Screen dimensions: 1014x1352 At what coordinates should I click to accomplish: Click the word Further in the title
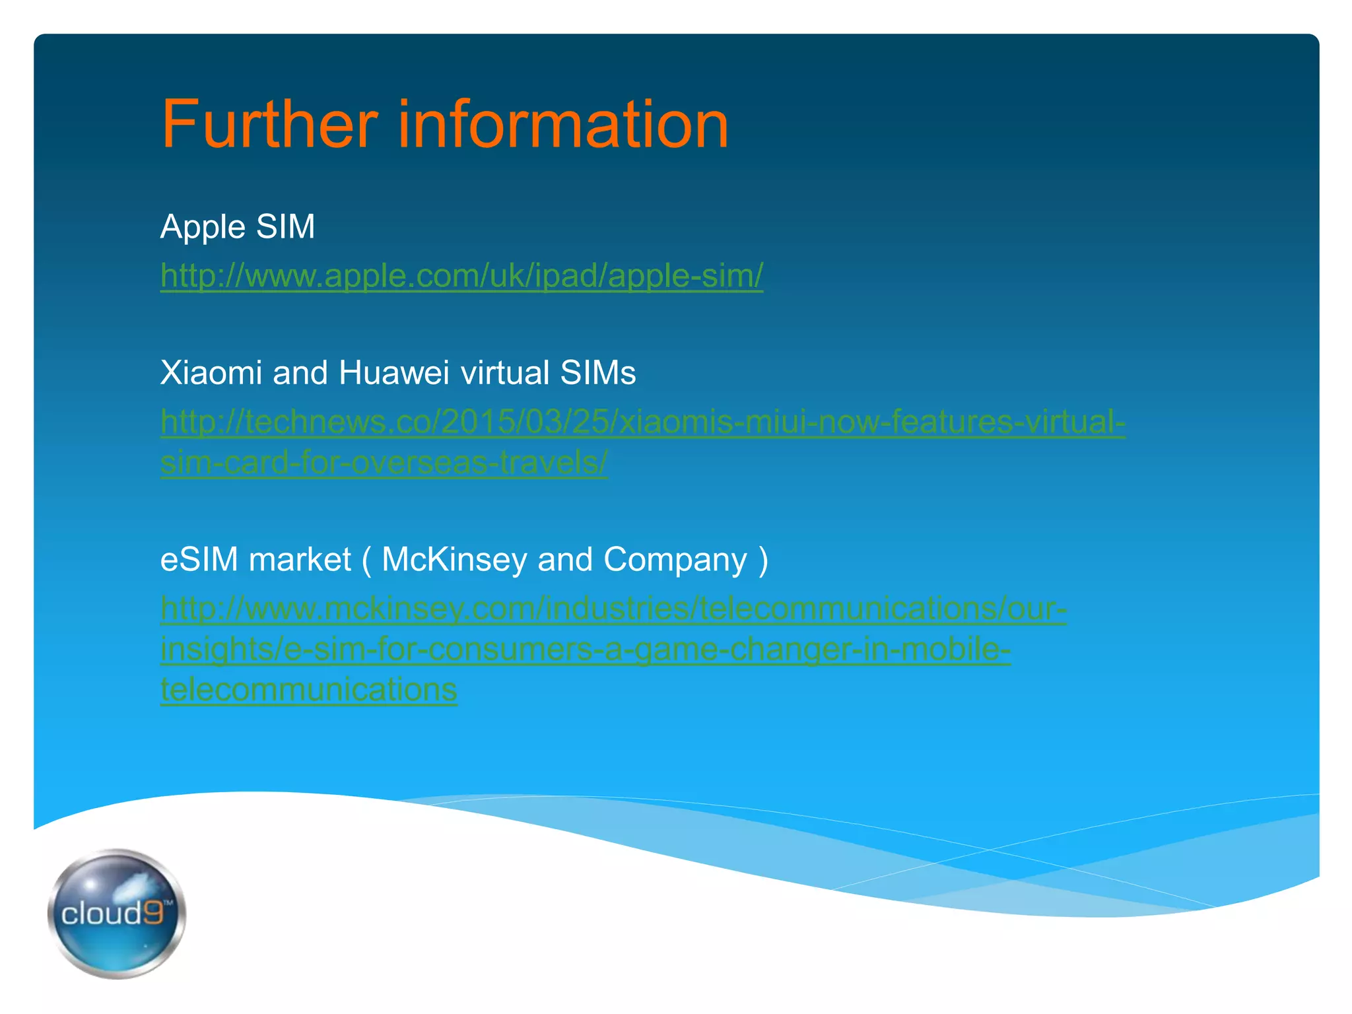pyautogui.click(x=269, y=124)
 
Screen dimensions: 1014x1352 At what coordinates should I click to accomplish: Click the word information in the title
pyautogui.click(x=562, y=124)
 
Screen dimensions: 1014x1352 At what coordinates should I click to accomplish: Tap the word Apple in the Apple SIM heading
pyautogui.click(x=203, y=228)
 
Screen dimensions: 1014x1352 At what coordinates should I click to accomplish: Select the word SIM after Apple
pyautogui.click(x=285, y=226)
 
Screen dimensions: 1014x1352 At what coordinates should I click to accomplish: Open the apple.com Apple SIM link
pyautogui.click(x=461, y=275)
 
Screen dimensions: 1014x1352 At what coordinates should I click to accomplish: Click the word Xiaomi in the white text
pyautogui.click(x=211, y=373)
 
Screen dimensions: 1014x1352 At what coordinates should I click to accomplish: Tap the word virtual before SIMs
pyautogui.click(x=505, y=373)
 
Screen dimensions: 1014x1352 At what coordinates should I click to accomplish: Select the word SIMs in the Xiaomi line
pyautogui.click(x=598, y=373)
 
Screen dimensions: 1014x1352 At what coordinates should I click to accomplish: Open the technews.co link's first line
pyautogui.click(x=642, y=422)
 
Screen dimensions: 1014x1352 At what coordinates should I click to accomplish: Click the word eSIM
pyautogui.click(x=199, y=560)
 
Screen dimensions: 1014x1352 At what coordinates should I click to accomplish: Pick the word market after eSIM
pyautogui.click(x=300, y=560)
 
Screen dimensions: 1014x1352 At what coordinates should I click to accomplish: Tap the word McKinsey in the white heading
pyautogui.click(x=454, y=560)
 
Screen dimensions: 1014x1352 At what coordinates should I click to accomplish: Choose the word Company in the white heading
pyautogui.click(x=675, y=560)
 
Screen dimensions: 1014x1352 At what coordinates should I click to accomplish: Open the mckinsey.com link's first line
pyautogui.click(x=613, y=608)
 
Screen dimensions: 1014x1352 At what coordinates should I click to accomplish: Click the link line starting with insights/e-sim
pyautogui.click(x=585, y=649)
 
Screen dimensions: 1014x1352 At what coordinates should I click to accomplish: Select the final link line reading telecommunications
pyautogui.click(x=308, y=690)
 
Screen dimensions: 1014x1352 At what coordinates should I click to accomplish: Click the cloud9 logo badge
pyautogui.click(x=117, y=913)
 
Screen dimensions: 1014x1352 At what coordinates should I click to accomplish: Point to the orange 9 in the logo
pyautogui.click(x=153, y=913)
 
